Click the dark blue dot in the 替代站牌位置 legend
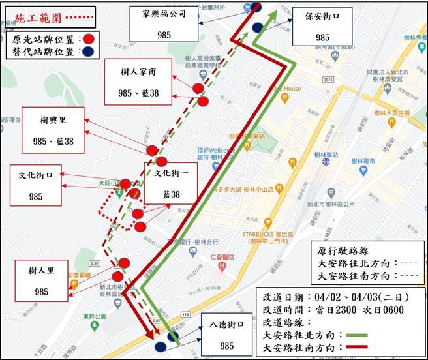point(88,52)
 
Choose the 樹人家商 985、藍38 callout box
point(138,81)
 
